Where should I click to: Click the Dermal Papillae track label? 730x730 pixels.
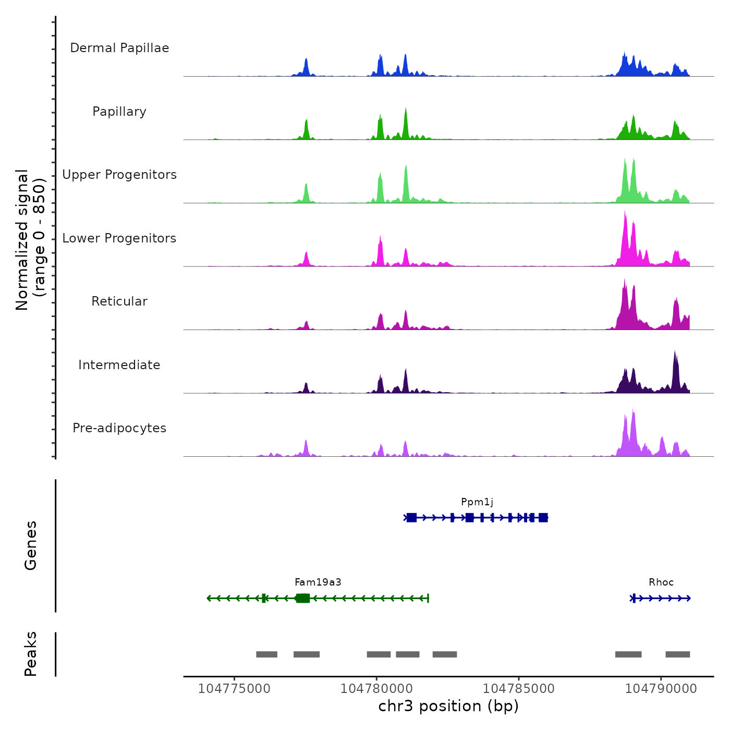[119, 48]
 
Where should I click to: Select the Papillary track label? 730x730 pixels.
[119, 112]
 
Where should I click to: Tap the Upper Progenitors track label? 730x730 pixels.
[119, 175]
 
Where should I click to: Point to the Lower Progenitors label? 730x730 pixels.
[119, 238]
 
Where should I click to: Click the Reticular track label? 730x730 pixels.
[119, 301]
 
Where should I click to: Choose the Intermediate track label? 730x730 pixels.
[119, 365]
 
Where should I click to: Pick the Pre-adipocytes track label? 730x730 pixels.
[119, 428]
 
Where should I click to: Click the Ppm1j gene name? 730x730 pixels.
[477, 502]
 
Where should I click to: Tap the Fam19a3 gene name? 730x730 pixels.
[318, 582]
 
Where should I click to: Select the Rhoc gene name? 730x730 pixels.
[661, 582]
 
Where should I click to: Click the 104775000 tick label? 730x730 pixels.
[234, 689]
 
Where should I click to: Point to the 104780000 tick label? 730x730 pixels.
[376, 689]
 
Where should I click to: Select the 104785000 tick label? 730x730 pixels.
[519, 689]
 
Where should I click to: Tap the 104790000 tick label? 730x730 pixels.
[661, 689]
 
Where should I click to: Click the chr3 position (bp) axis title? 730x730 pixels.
[448, 707]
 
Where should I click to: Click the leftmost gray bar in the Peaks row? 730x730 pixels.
[266, 654]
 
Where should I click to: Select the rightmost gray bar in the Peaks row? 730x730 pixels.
[678, 654]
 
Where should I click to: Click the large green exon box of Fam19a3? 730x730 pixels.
[302, 598]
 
